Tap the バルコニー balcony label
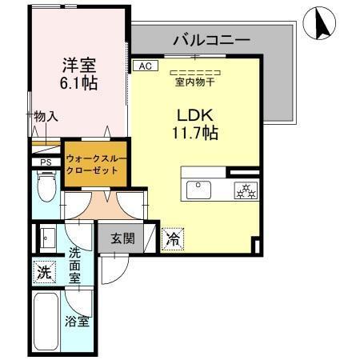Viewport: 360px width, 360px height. [211, 39]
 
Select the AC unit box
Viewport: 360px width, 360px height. [144, 66]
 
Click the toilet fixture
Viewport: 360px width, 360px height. [46, 190]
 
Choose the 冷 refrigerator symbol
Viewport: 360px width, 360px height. [174, 238]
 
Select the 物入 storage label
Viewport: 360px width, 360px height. [46, 117]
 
